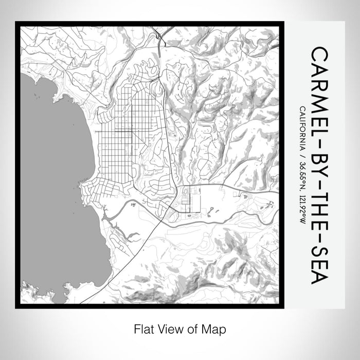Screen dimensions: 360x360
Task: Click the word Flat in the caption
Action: pos(142,328)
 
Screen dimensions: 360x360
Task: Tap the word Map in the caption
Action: pos(215,328)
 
